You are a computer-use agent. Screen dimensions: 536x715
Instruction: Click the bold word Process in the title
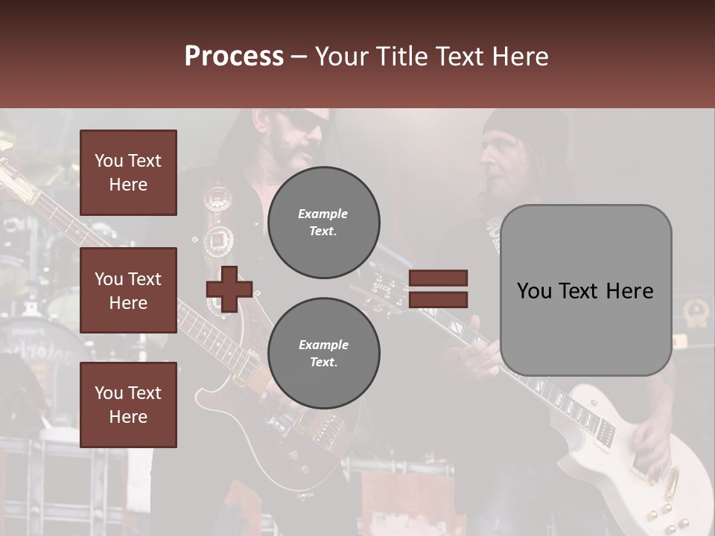pyautogui.click(x=234, y=56)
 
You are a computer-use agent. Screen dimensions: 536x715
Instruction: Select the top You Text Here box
pyautogui.click(x=128, y=173)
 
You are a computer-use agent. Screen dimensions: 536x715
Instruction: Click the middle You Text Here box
pyautogui.click(x=128, y=290)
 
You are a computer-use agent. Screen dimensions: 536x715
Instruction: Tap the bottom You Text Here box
pyautogui.click(x=128, y=405)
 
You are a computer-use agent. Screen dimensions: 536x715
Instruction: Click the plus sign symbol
pyautogui.click(x=229, y=289)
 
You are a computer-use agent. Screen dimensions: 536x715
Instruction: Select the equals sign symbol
pyautogui.click(x=438, y=289)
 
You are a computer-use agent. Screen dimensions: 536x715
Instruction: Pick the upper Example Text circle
pyautogui.click(x=324, y=223)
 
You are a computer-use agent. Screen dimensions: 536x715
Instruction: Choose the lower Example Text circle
pyautogui.click(x=324, y=354)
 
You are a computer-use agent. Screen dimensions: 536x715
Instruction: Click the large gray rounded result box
pyautogui.click(x=585, y=290)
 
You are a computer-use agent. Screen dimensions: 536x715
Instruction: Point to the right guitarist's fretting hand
pyautogui.click(x=477, y=350)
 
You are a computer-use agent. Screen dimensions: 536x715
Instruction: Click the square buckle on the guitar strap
pyautogui.click(x=218, y=239)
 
